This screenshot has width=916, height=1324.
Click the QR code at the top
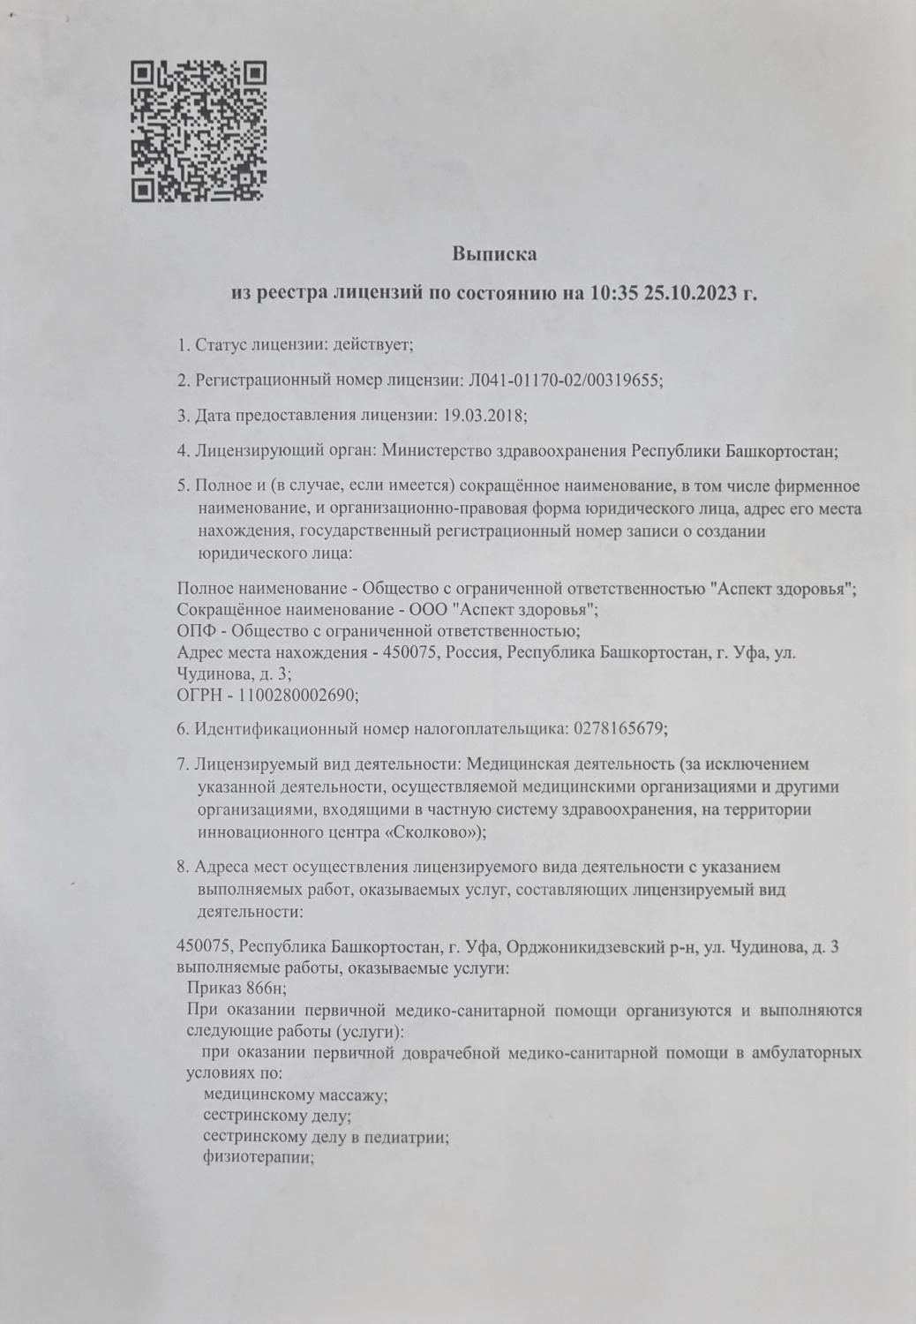pos(199,131)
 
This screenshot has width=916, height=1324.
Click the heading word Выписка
pos(494,254)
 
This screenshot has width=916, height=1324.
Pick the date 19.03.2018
pos(482,414)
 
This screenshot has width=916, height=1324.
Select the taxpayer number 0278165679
pos(619,729)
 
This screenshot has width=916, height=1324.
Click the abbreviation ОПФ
pos(194,630)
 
